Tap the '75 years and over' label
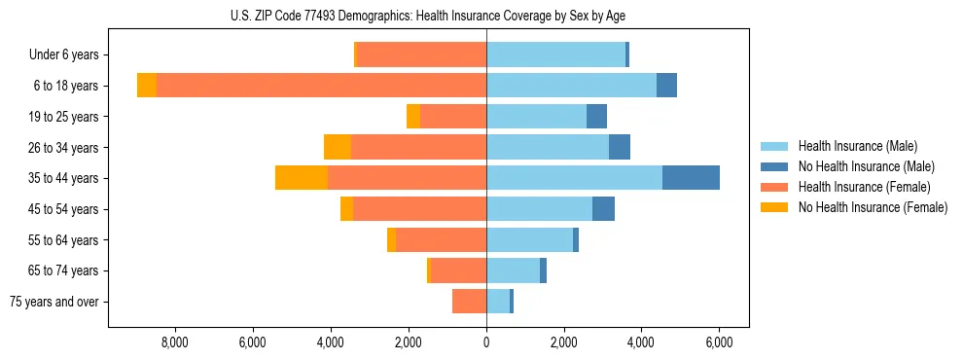pos(54,302)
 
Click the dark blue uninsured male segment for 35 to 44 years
pos(691,178)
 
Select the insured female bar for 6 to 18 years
pos(321,86)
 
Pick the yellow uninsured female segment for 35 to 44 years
pos(302,178)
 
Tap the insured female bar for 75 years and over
pos(469,302)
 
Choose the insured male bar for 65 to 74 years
pos(513,270)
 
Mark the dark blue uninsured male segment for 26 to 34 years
pos(620,147)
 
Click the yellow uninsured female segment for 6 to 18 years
pos(147,86)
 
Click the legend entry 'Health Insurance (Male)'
pos(857,146)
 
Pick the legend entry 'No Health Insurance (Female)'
pos(873,207)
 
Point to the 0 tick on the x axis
pos(486,342)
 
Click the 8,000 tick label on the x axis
pos(174,342)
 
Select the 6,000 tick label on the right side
pos(719,342)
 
